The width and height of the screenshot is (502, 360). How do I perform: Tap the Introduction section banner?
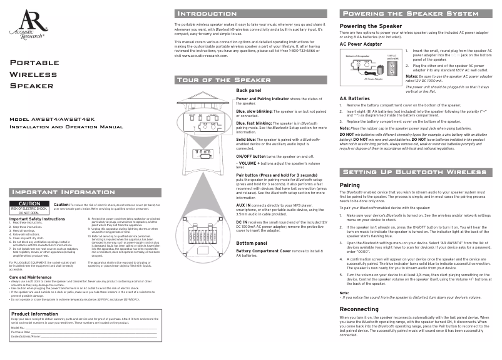(206, 13)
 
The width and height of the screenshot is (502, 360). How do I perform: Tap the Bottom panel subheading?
(254, 242)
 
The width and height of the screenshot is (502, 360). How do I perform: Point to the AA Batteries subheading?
(354, 99)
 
